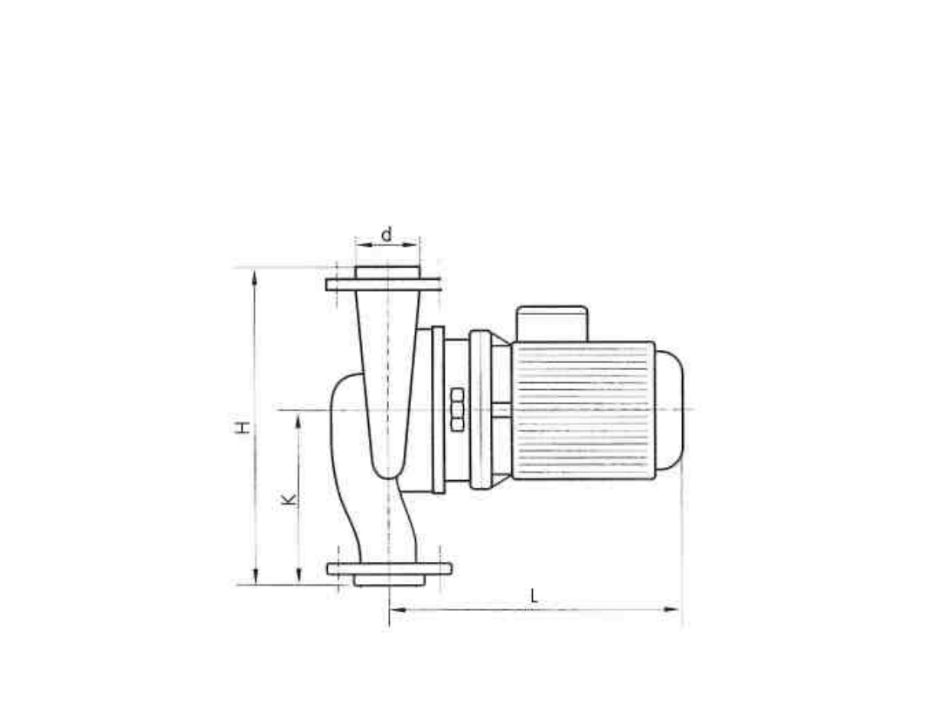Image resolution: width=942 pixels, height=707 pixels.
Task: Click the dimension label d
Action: coord(387,234)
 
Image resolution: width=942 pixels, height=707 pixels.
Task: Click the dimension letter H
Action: coord(242,428)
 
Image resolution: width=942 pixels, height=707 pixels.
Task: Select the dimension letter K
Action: coord(289,499)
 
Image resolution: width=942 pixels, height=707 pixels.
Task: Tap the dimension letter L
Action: coord(534,597)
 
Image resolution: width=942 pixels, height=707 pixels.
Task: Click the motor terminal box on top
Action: coord(552,324)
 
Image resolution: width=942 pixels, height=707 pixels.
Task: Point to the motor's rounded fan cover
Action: coord(669,409)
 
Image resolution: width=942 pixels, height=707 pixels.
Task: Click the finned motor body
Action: coord(583,410)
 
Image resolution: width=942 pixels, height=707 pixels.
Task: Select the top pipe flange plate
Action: coord(383,285)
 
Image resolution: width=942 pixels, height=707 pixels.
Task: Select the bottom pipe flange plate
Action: coord(389,569)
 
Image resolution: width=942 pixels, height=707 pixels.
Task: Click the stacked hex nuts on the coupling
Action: coord(457,409)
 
